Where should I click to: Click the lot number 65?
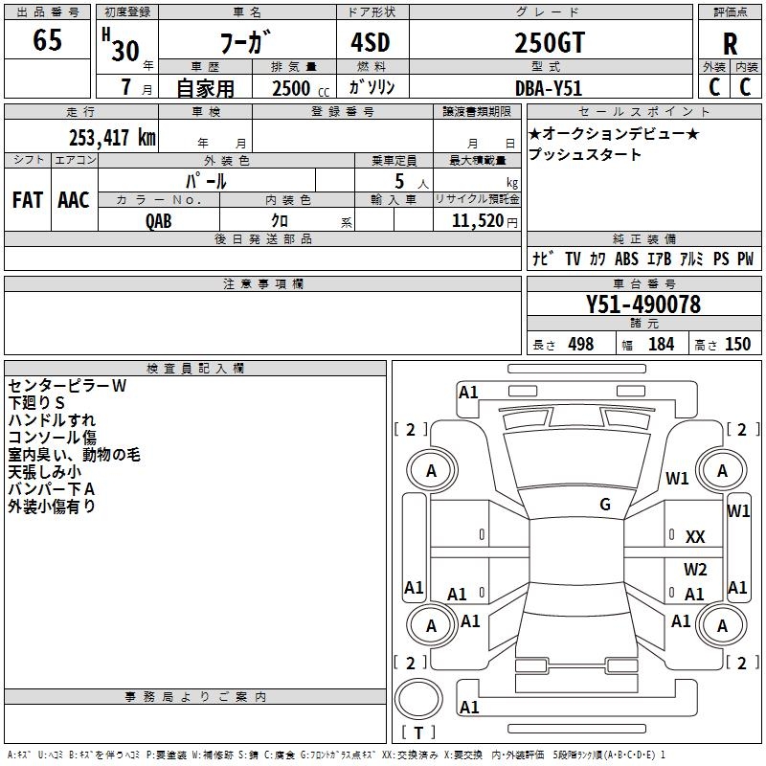click(x=47, y=39)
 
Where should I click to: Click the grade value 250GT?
click(x=550, y=42)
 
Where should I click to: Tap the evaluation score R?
click(x=730, y=44)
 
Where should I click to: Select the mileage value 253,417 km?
click(x=112, y=138)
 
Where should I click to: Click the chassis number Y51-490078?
click(x=643, y=304)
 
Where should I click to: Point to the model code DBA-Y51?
click(x=549, y=88)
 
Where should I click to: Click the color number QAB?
click(x=159, y=221)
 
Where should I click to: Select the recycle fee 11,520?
click(x=478, y=220)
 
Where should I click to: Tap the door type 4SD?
click(x=371, y=42)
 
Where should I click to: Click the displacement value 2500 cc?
click(x=301, y=88)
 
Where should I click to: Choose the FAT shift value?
click(x=28, y=200)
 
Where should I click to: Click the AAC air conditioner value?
click(x=74, y=200)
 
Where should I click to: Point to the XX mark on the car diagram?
click(x=695, y=537)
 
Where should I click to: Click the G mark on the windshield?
click(x=605, y=505)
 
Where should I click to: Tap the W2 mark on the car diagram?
click(x=695, y=569)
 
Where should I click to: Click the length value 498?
click(x=581, y=344)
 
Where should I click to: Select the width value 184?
click(x=661, y=344)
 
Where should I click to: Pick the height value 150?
click(x=737, y=344)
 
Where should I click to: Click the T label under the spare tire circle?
click(x=418, y=732)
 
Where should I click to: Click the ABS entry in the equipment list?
click(x=626, y=259)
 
